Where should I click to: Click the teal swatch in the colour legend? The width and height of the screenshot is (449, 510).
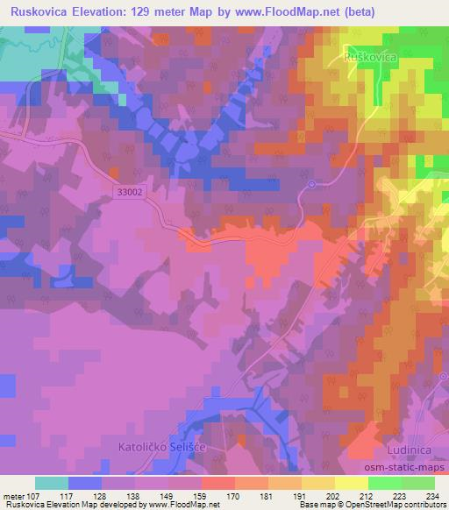52,483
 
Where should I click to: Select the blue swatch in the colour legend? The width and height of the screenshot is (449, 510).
85,483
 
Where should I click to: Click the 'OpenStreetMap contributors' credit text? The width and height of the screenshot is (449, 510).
395,506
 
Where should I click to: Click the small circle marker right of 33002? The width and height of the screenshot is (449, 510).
311,184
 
